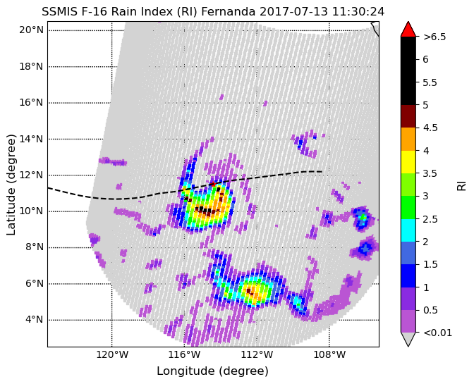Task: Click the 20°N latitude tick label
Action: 32,30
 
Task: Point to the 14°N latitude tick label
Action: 32,139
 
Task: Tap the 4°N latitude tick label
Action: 34,319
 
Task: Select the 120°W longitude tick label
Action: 112,354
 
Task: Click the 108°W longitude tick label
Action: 329,354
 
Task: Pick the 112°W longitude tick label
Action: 257,354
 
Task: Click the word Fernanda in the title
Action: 229,12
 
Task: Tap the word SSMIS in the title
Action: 55,12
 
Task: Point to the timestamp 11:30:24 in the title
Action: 358,12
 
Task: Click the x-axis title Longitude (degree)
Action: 212,371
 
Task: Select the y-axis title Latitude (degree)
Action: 11,185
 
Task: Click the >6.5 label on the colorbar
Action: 435,37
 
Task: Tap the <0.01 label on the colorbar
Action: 438,333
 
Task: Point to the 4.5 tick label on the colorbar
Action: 430,128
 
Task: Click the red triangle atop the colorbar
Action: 408,30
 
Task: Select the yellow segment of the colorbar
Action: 408,162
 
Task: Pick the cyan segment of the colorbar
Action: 408,230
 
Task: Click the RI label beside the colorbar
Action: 461,185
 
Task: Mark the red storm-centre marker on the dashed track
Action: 213,184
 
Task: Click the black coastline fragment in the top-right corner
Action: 375,29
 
